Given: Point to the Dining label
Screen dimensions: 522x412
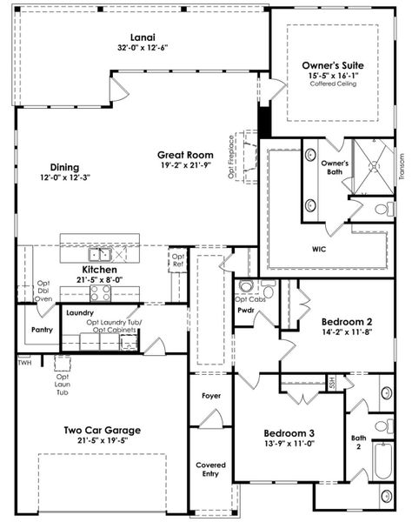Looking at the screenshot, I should point(64,167).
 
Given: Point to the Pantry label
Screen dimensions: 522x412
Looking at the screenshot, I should point(41,330).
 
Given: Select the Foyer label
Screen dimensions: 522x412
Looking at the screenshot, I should point(210,396).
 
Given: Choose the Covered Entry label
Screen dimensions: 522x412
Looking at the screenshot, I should point(210,470).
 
